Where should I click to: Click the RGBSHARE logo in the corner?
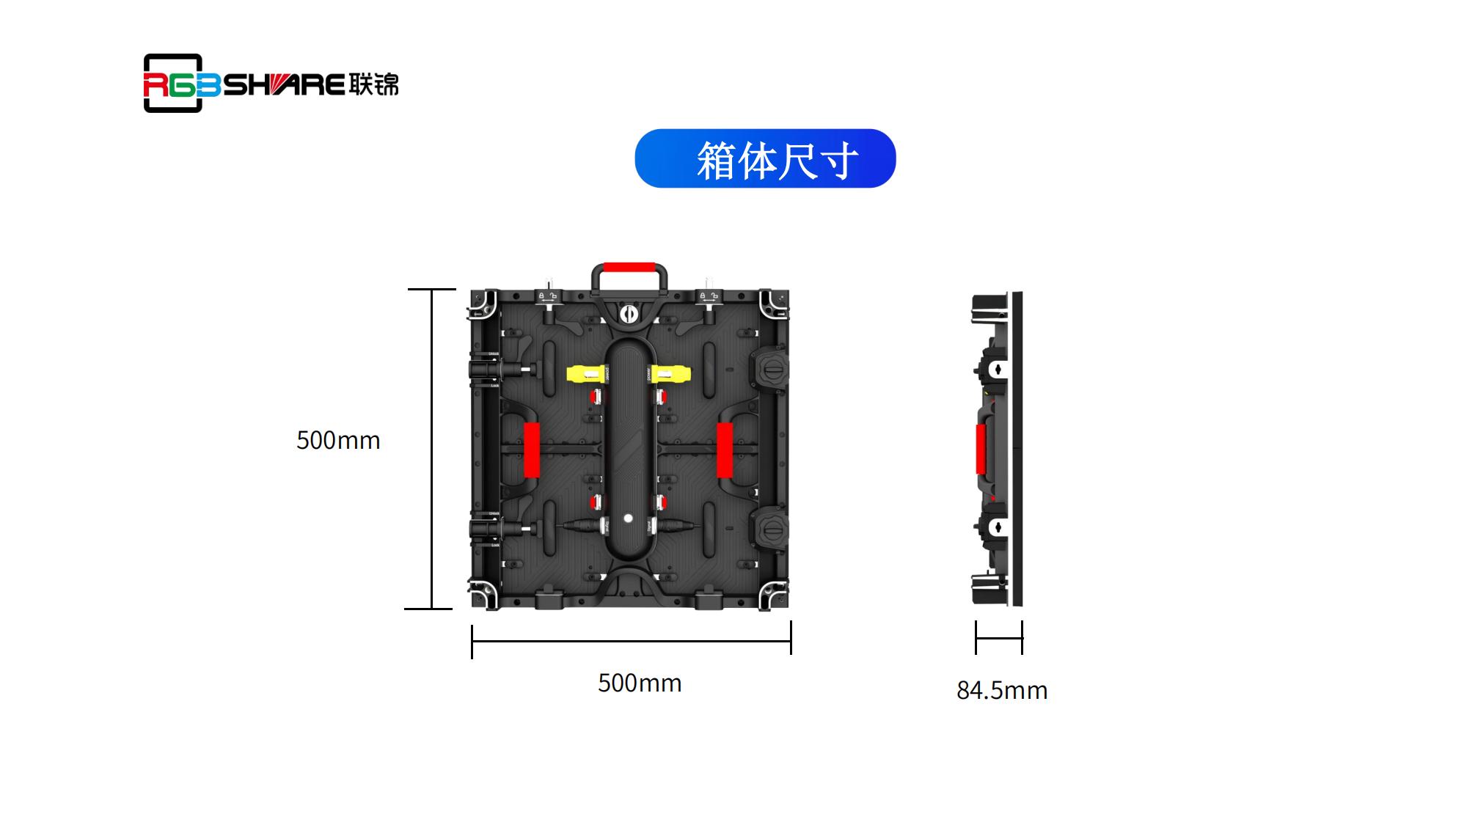[271, 83]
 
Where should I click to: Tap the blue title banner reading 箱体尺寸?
[765, 158]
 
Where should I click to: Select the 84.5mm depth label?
[1002, 690]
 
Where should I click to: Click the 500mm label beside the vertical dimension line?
[338, 440]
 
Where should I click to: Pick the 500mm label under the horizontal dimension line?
[640, 683]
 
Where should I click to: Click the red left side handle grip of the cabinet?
[532, 450]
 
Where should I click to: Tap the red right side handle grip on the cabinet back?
[725, 450]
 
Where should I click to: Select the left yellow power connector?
[588, 374]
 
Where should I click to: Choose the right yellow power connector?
[669, 374]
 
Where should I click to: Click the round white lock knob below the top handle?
[629, 315]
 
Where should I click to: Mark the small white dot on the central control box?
[629, 518]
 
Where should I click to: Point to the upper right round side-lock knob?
[769, 367]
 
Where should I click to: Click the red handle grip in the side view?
[981, 449]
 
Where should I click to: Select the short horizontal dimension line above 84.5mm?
[999, 638]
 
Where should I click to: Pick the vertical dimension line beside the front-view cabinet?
[432, 449]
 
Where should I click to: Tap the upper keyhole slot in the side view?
[998, 368]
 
